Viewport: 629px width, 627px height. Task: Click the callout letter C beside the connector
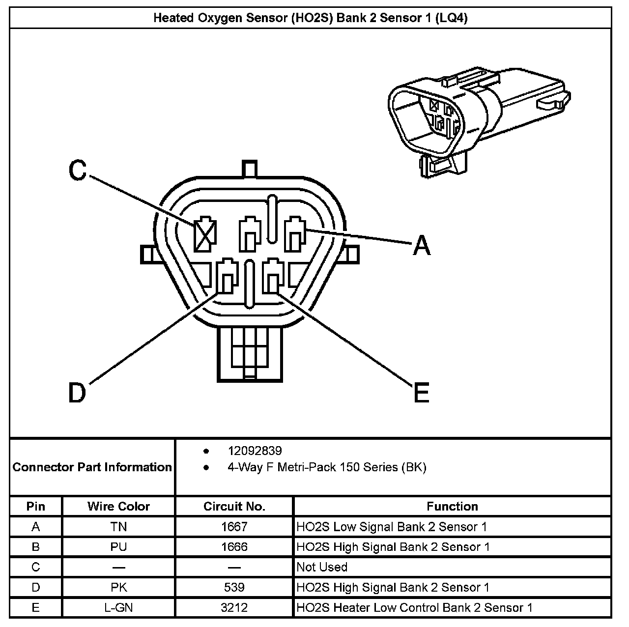(x=78, y=170)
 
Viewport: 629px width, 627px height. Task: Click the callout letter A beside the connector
(x=421, y=245)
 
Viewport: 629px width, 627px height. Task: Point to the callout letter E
(x=421, y=392)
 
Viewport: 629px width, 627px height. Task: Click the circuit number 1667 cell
(x=234, y=527)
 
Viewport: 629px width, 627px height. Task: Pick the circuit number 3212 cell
(x=234, y=607)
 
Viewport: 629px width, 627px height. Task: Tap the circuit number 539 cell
(x=234, y=587)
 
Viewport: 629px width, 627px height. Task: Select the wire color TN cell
(x=118, y=527)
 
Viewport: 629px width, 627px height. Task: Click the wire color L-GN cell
(x=118, y=607)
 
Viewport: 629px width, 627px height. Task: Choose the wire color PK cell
(x=118, y=587)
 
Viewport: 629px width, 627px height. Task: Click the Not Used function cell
(x=322, y=567)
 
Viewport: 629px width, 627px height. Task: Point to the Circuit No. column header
(x=234, y=506)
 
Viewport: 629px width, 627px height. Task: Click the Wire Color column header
(x=118, y=506)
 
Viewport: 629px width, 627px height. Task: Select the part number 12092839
(x=255, y=451)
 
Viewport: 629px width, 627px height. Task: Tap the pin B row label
(x=35, y=547)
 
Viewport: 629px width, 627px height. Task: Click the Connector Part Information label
(x=92, y=467)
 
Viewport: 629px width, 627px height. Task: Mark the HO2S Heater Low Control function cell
(x=414, y=607)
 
